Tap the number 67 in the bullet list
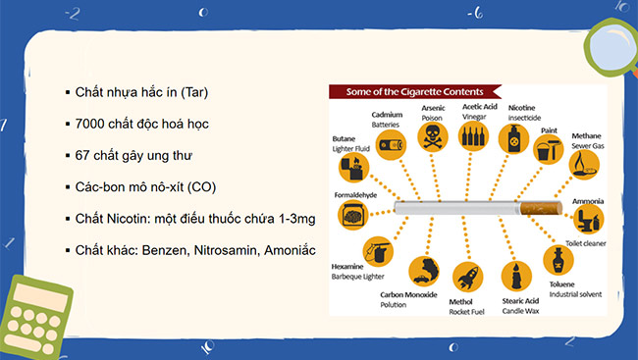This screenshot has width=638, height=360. [x=83, y=155]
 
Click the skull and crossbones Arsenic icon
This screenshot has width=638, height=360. [x=432, y=138]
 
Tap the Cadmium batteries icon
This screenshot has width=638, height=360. [x=389, y=148]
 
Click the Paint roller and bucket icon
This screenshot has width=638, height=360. [x=549, y=150]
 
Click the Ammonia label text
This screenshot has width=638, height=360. [x=588, y=201]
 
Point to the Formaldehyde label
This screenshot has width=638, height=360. [x=356, y=195]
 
